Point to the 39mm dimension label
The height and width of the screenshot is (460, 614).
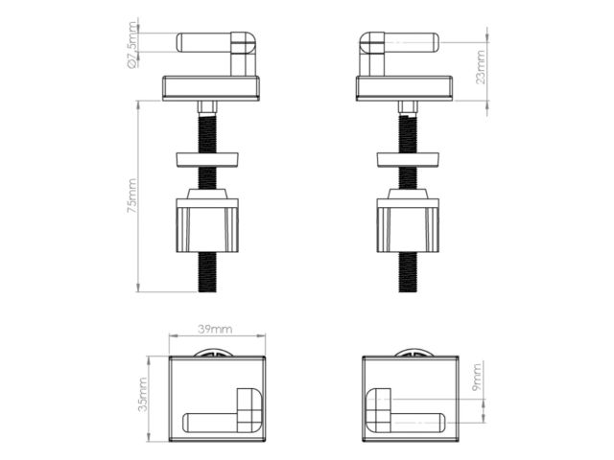[x=215, y=329]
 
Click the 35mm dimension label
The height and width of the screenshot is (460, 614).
[x=142, y=394]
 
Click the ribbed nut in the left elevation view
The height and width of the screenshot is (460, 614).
[x=207, y=225]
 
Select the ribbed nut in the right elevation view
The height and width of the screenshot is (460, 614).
[x=408, y=225]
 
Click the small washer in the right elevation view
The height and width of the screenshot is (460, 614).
[x=408, y=158]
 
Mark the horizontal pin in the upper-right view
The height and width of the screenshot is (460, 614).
[x=413, y=42]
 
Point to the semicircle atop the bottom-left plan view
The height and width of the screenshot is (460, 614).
[x=215, y=353]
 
